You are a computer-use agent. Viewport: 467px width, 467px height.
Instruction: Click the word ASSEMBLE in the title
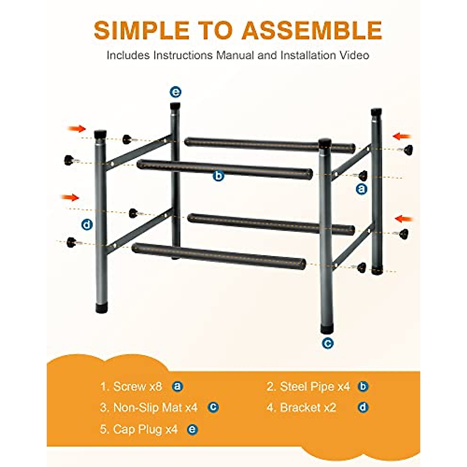pyautogui.click(x=312, y=30)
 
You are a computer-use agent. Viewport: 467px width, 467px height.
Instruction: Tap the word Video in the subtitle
pyautogui.click(x=354, y=55)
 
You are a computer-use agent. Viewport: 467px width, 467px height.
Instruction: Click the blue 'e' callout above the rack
pyautogui.click(x=176, y=92)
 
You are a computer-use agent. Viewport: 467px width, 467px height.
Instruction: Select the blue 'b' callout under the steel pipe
pyautogui.click(x=219, y=176)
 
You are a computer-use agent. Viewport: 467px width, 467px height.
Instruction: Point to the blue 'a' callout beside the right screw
pyautogui.click(x=362, y=189)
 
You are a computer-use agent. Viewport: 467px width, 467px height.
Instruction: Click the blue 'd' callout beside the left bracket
pyautogui.click(x=87, y=225)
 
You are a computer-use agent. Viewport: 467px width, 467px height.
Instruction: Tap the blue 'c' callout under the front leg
pyautogui.click(x=328, y=343)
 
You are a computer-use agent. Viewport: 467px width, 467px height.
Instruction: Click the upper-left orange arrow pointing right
pyautogui.click(x=77, y=128)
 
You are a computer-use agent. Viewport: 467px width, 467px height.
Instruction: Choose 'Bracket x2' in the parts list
pyautogui.click(x=308, y=407)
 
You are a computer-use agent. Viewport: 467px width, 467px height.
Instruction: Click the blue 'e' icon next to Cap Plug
pyautogui.click(x=192, y=430)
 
